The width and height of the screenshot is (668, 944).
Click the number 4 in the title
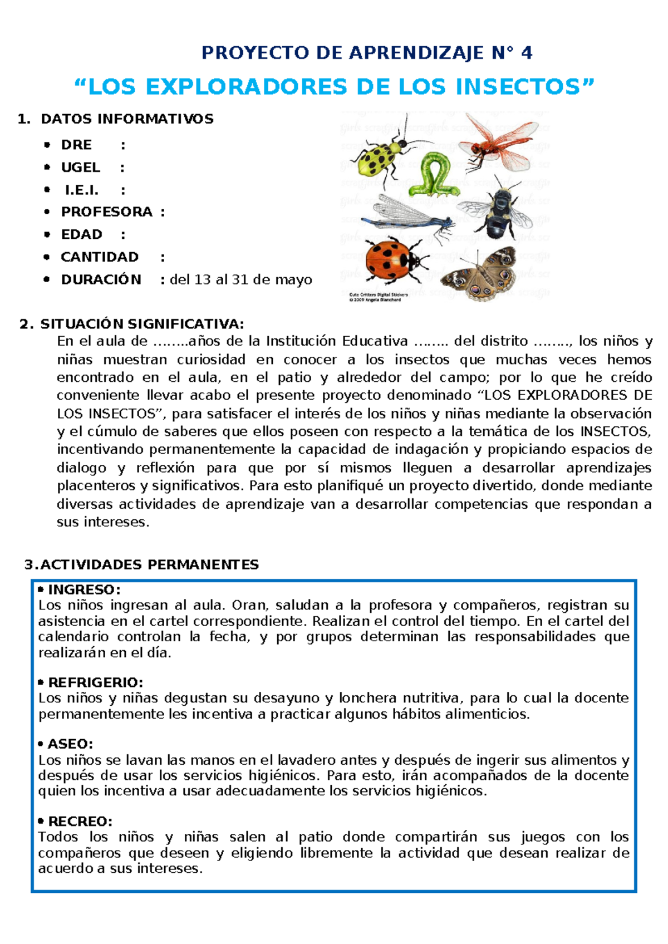point(526,53)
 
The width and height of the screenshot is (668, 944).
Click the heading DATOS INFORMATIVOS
point(127,119)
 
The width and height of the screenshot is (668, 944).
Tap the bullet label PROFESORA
point(107,212)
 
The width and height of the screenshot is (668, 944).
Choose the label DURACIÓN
point(101,279)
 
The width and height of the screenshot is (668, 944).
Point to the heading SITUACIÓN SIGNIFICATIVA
point(141,324)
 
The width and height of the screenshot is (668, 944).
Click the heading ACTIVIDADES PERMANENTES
point(149,565)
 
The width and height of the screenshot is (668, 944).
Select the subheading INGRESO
point(83,589)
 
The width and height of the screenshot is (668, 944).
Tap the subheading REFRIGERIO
point(95,682)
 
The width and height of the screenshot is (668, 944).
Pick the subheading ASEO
point(70,744)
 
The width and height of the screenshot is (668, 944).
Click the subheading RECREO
point(80,822)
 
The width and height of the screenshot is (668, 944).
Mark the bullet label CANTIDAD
point(100,257)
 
